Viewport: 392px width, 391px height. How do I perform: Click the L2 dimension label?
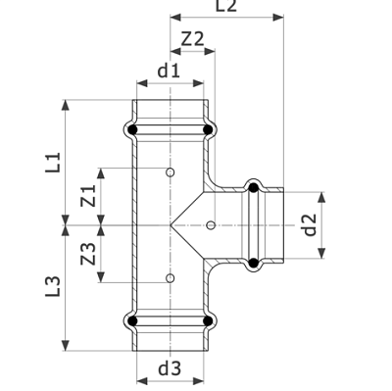(x=226, y=7)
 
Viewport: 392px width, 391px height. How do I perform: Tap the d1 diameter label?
(x=169, y=71)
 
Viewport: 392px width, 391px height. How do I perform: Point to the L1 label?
(x=52, y=162)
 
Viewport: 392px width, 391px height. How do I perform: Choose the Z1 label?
(x=87, y=196)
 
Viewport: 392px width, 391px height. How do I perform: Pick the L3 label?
(x=52, y=286)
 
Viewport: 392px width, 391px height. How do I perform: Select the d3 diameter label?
(x=169, y=368)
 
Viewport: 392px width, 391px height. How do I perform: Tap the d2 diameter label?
(x=309, y=225)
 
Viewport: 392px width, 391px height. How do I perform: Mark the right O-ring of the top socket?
(x=207, y=127)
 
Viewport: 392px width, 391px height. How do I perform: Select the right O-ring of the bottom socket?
(x=207, y=318)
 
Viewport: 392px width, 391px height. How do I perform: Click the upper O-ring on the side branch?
(x=253, y=187)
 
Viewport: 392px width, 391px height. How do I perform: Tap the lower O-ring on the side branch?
(x=253, y=262)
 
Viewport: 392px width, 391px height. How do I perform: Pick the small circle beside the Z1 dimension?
(x=170, y=173)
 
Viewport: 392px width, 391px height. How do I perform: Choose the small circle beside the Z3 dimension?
(x=170, y=278)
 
